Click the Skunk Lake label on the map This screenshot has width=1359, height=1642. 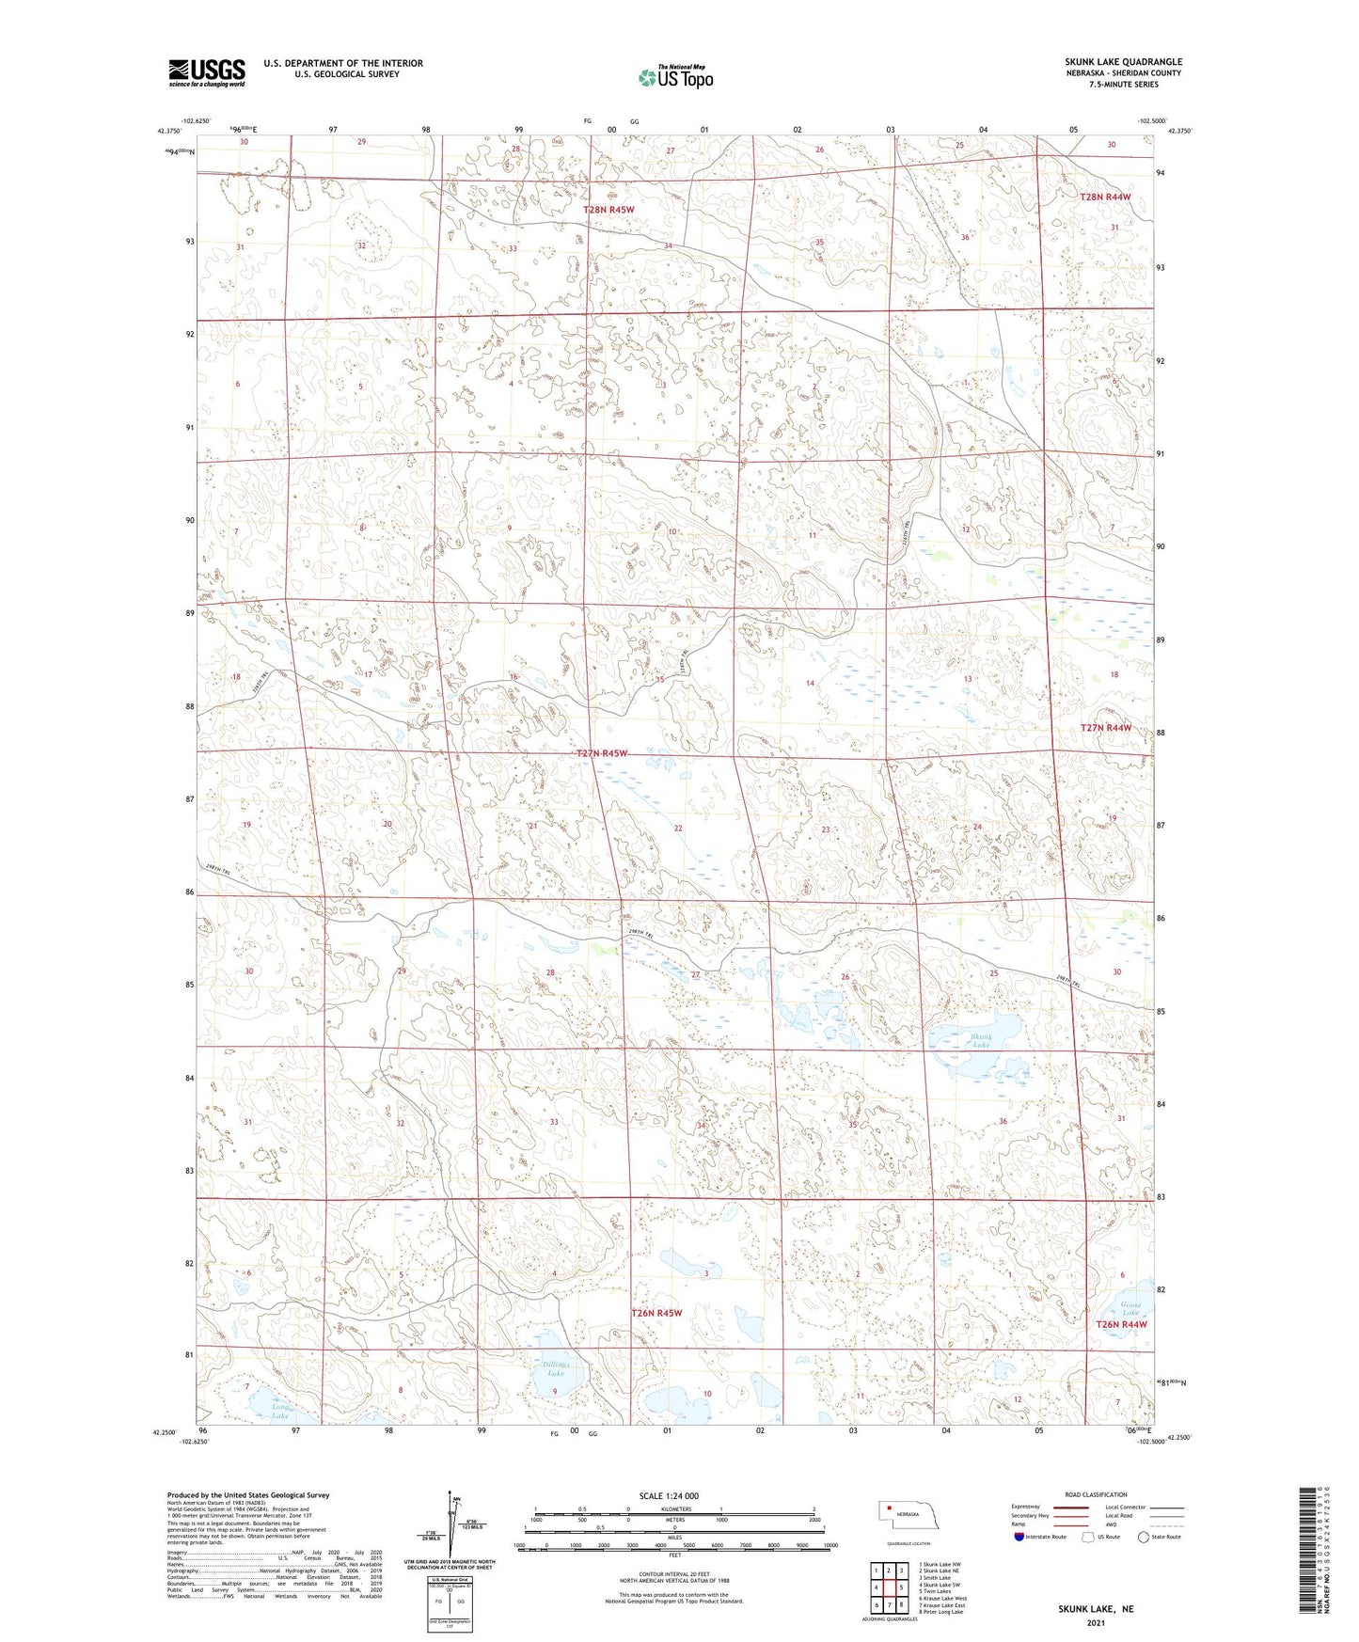980,1040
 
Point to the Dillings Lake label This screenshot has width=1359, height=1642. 556,1368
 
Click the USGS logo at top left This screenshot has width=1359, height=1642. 207,72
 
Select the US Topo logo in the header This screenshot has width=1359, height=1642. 675,76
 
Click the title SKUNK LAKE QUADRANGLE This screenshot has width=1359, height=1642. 1123,61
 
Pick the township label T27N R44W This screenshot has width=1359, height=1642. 1105,728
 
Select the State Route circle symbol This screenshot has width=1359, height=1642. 1144,1537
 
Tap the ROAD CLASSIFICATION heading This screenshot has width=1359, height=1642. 1096,1494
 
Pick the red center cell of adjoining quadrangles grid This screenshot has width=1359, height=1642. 889,1587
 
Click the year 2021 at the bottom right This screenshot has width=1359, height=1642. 1095,1622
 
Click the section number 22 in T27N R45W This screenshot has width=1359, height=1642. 678,828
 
